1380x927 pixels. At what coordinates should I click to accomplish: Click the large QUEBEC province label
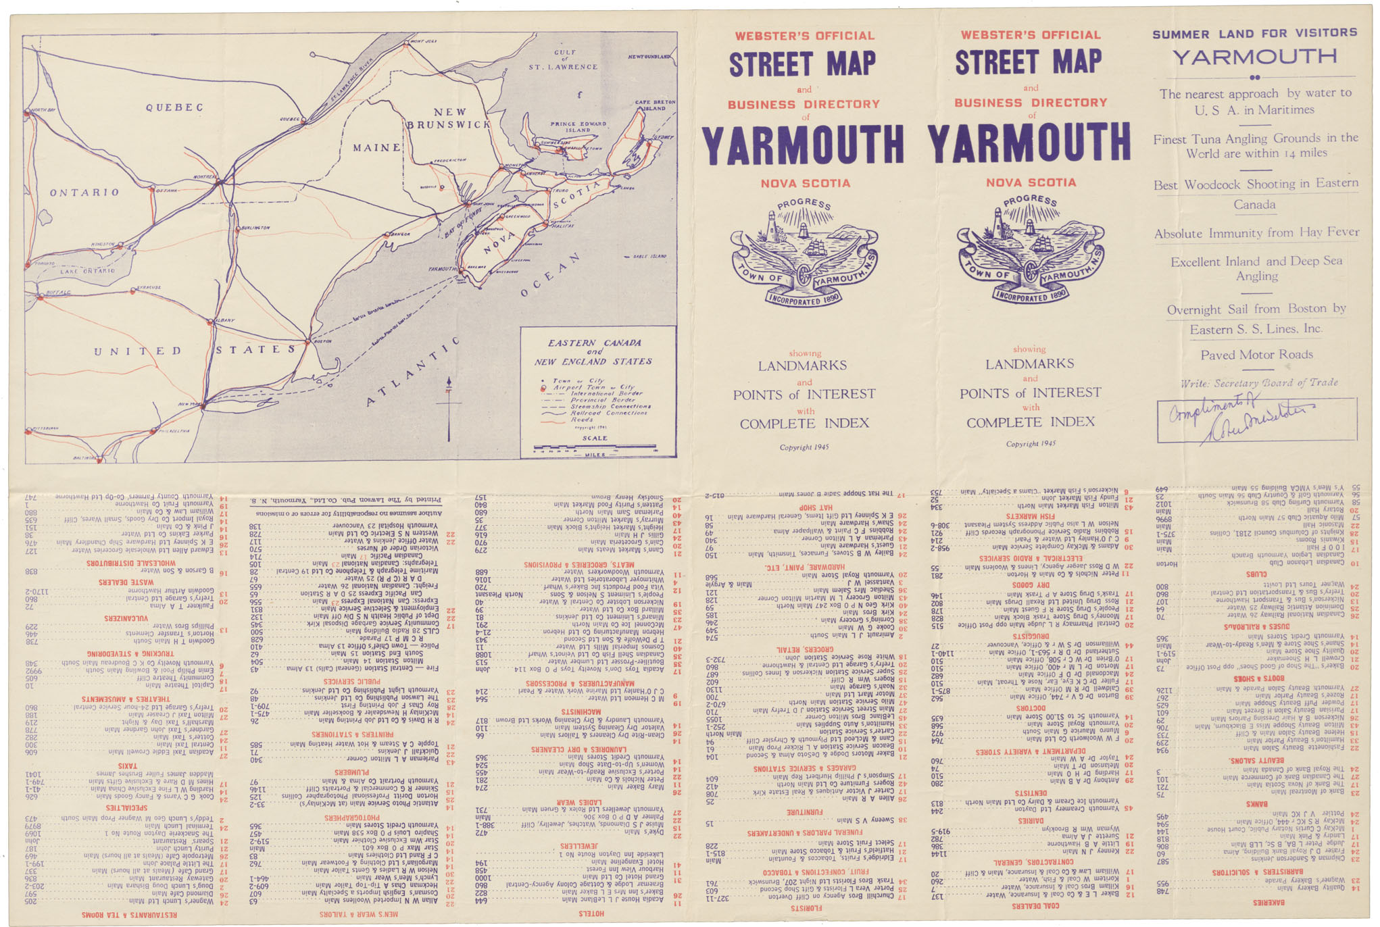tap(174, 107)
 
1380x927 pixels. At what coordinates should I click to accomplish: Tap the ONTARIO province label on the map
tap(84, 193)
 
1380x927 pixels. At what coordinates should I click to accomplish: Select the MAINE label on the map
tap(376, 147)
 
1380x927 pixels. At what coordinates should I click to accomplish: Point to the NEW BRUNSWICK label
tap(449, 118)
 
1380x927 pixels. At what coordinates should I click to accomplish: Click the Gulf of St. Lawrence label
tap(564, 59)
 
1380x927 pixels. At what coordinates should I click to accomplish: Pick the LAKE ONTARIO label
tap(87, 271)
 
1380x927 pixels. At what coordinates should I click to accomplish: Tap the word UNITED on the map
tap(138, 351)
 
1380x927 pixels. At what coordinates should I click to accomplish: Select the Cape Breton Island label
tap(654, 105)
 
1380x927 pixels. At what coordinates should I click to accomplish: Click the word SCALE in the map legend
tap(595, 438)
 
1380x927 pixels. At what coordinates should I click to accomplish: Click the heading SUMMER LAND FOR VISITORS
tap(1254, 33)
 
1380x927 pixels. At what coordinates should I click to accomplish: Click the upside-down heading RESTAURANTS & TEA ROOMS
tap(129, 914)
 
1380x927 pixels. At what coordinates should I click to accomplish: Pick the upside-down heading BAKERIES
tap(1268, 902)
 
